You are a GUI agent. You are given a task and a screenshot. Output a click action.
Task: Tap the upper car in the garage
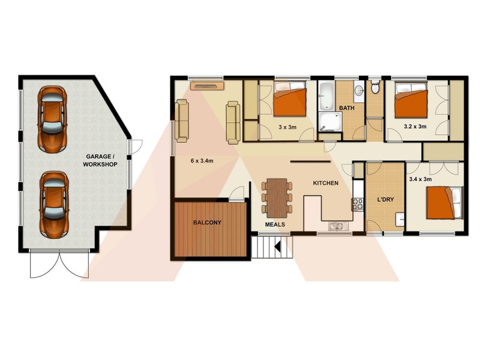[x=52, y=118]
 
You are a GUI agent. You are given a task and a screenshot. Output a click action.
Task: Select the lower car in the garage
[x=53, y=203]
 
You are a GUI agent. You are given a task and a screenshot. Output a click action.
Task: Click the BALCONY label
[x=207, y=223]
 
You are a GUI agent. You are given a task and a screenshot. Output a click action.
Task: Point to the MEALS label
[x=275, y=224]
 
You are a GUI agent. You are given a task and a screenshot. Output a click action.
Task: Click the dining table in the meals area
[x=277, y=197]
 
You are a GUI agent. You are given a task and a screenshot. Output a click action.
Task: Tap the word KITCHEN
[x=326, y=183]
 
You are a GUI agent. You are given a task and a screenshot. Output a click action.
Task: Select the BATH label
[x=347, y=108]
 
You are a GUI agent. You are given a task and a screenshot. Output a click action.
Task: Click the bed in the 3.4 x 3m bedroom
[x=445, y=203]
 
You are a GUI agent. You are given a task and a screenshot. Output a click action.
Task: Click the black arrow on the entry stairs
[x=278, y=245]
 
